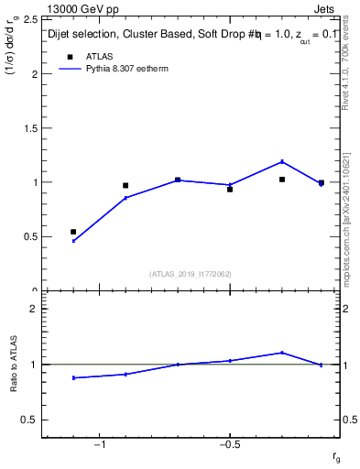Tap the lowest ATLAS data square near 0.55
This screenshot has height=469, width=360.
point(73,232)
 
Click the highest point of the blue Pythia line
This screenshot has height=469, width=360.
point(282,161)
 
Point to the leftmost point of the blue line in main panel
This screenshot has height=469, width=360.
point(73,241)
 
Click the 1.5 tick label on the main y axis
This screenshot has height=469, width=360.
point(31,128)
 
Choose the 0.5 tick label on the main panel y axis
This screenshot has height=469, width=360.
point(31,236)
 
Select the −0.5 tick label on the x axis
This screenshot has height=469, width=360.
point(228,444)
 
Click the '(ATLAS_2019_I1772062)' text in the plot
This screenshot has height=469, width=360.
point(191,273)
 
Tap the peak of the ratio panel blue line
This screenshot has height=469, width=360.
point(282,353)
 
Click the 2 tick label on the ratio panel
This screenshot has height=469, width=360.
point(33,309)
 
